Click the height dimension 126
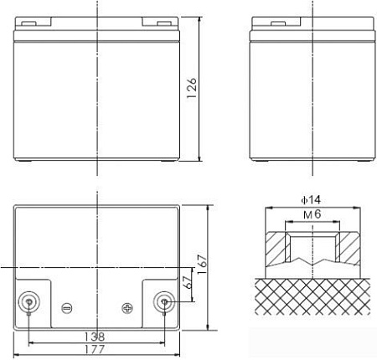(x=192, y=86)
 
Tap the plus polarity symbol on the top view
(x=127, y=306)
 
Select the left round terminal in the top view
(x=29, y=302)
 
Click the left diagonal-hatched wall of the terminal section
(x=273, y=249)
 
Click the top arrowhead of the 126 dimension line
(x=199, y=16)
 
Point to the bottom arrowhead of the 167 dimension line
(x=208, y=329)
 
